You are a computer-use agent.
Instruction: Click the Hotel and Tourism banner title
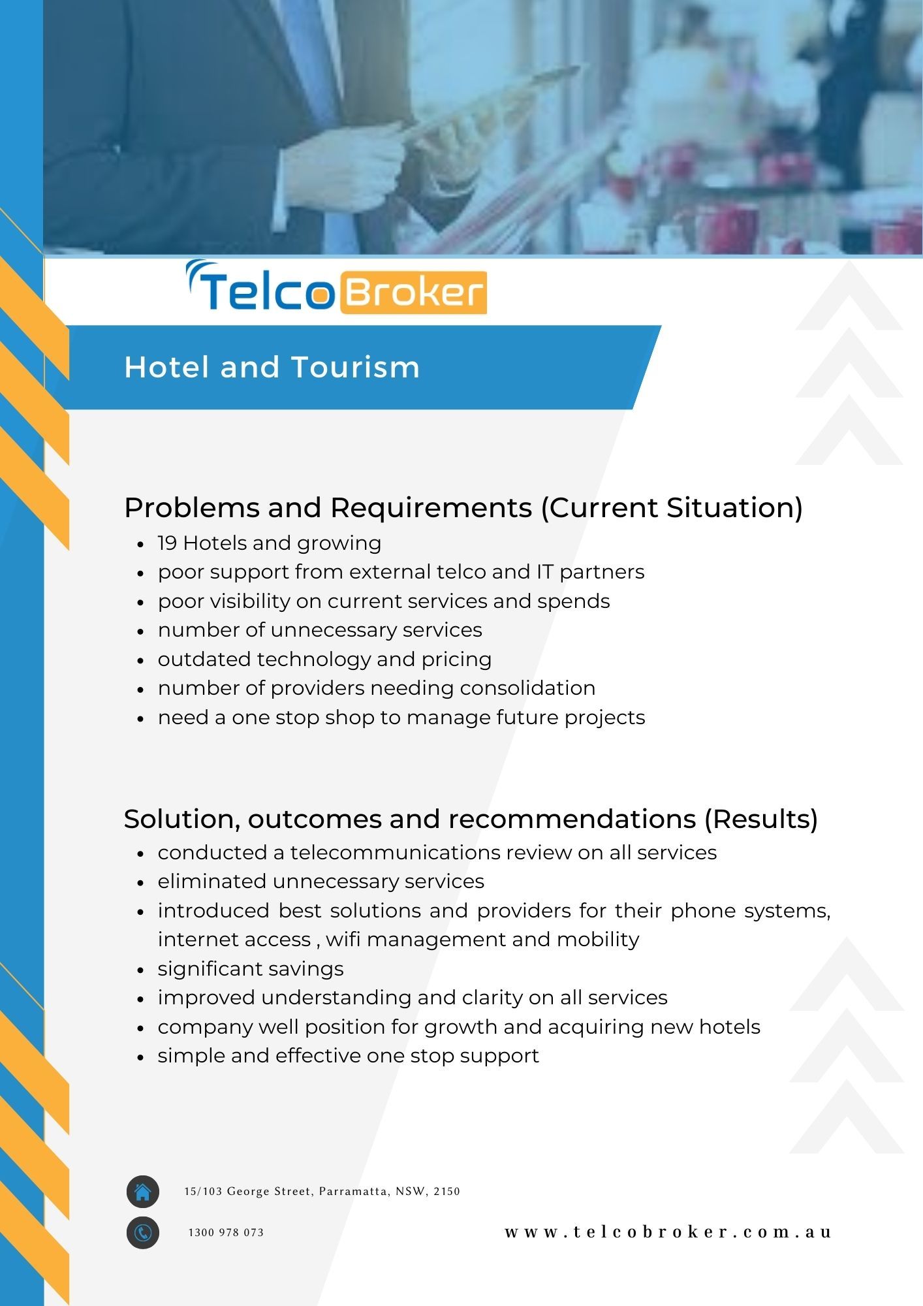point(272,367)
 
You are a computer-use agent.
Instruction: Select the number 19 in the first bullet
point(167,543)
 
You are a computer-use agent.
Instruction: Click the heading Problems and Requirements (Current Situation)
point(463,508)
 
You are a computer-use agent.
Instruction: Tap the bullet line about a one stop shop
point(401,718)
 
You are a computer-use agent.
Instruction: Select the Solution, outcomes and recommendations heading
point(471,819)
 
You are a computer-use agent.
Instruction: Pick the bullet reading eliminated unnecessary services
point(321,882)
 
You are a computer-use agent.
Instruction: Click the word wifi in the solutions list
point(343,939)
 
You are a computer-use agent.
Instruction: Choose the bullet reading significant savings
point(251,969)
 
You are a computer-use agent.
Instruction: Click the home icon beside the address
point(143,1192)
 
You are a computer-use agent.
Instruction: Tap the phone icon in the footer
point(143,1233)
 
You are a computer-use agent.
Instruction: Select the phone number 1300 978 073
point(226,1233)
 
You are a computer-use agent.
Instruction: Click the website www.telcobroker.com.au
point(668,1232)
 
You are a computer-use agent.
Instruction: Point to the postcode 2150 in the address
point(447,1191)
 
